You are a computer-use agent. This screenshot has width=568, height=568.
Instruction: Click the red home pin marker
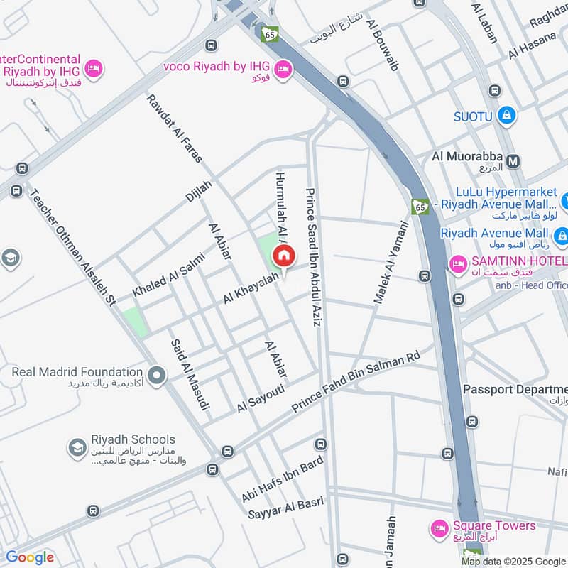click(x=283, y=256)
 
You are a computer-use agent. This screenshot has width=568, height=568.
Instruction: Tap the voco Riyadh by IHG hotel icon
click(x=284, y=69)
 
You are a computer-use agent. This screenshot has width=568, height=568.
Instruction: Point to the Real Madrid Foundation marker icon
click(x=156, y=373)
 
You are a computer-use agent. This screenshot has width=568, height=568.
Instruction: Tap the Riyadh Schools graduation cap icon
click(x=77, y=447)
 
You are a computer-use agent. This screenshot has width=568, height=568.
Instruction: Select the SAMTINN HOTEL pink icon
click(x=458, y=264)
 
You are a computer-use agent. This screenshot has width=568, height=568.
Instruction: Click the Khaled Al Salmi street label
click(x=168, y=275)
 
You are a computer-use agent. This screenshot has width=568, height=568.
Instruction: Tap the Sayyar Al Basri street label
click(x=286, y=507)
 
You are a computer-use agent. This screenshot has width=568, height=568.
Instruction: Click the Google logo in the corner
click(x=30, y=557)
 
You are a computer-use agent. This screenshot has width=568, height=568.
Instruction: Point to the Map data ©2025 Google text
click(x=513, y=562)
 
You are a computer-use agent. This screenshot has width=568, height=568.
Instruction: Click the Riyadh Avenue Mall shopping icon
click(x=562, y=235)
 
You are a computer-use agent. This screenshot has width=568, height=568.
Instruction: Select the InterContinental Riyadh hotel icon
click(x=93, y=69)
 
